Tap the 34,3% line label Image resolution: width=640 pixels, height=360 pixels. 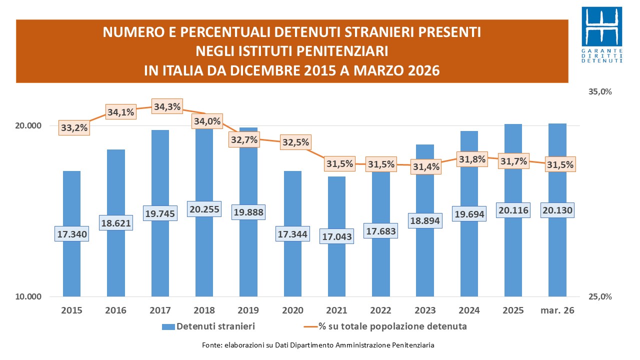(167, 106)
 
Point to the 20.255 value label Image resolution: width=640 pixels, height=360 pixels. (204, 208)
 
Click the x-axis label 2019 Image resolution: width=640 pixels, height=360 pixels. (248, 310)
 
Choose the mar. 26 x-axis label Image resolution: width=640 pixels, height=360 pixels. (557, 310)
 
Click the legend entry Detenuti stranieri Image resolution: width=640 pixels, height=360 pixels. (208, 326)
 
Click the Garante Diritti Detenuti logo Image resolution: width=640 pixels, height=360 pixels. (604, 34)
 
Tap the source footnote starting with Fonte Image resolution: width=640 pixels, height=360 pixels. (318, 345)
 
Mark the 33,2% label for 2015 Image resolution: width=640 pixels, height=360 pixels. (74, 128)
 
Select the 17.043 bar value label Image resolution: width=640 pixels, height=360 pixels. (336, 236)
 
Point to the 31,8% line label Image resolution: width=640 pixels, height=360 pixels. (469, 159)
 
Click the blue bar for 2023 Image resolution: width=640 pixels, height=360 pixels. (425, 180)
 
